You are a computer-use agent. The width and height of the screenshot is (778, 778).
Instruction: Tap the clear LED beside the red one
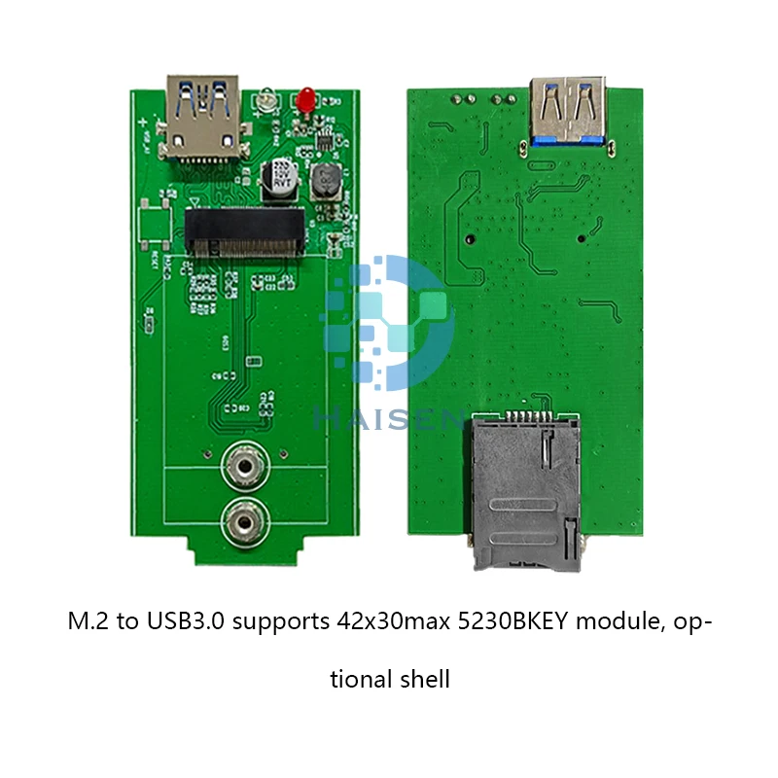click(x=265, y=99)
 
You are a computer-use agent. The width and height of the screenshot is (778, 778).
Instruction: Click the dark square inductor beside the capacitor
click(x=324, y=180)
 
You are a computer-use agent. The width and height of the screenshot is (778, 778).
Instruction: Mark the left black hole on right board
click(x=469, y=237)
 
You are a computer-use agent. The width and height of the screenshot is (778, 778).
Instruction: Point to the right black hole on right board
click(x=583, y=237)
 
